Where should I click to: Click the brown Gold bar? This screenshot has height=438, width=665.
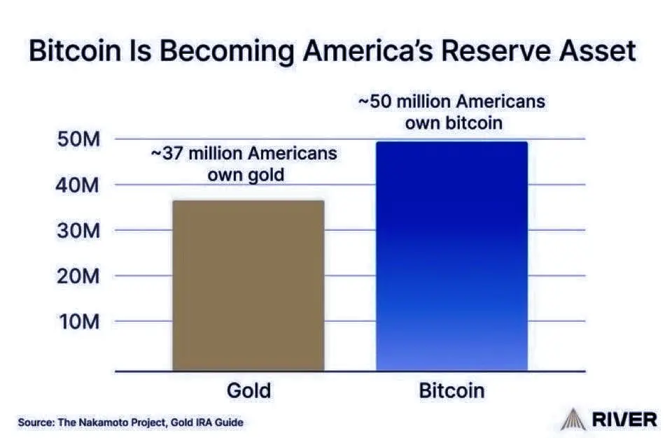point(248,285)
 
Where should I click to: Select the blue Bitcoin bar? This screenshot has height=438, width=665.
point(451,256)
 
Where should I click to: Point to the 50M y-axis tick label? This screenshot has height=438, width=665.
point(78,139)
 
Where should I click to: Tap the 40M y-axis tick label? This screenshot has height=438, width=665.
point(78,185)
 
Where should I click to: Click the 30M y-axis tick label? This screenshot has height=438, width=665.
point(78,231)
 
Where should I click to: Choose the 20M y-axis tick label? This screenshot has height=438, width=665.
point(78,276)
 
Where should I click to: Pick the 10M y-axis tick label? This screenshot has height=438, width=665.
point(79,322)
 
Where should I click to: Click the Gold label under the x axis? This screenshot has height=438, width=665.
point(249,390)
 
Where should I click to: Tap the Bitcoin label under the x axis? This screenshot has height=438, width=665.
point(451,390)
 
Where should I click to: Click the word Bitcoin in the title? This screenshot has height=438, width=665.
point(75,50)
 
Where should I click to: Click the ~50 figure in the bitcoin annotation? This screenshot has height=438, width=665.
point(375,101)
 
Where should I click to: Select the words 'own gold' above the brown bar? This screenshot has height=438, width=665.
point(246,175)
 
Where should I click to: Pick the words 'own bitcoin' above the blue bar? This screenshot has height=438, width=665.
point(454,123)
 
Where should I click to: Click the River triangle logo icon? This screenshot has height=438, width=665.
point(573,419)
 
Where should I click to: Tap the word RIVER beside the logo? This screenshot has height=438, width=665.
point(624,420)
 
